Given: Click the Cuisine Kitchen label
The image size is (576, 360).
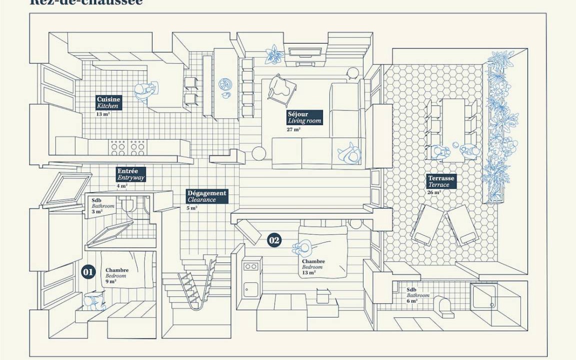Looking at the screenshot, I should pyautogui.click(x=108, y=102).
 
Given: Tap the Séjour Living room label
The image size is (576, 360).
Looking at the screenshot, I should pyautogui.click(x=304, y=117).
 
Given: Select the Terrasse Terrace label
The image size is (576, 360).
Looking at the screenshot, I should pyautogui.click(x=441, y=181).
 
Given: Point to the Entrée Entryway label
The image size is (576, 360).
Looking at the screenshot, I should pyautogui.click(x=130, y=174).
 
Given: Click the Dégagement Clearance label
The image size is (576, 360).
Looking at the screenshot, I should pyautogui.click(x=206, y=196).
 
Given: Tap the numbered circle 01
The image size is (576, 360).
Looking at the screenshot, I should pyautogui.click(x=88, y=272).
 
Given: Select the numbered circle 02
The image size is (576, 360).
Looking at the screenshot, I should pyautogui.click(x=274, y=240).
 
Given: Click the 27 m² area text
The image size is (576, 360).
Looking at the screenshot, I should pyautogui.click(x=293, y=129).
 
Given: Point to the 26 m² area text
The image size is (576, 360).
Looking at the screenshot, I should pyautogui.click(x=434, y=192).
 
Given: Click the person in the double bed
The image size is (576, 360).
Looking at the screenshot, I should pyautogui.click(x=302, y=247).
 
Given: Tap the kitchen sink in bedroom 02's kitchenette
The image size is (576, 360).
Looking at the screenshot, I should pyautogui.click(x=250, y=289).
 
